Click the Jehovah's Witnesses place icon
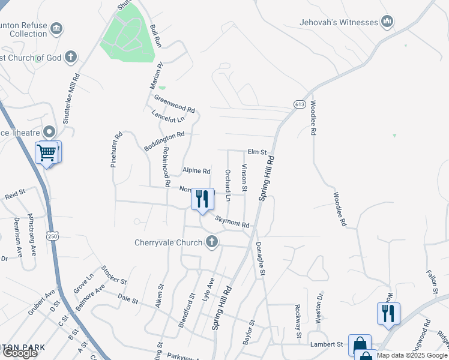pyautogui.click(x=387, y=23)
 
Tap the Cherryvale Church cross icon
pyautogui.click(x=211, y=242)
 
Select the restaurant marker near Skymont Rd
pyautogui.click(x=202, y=198)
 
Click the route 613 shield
pyautogui.click(x=300, y=104)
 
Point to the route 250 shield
pyautogui.click(x=53, y=236)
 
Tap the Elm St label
pyautogui.click(x=257, y=152)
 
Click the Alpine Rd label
pyautogui.click(x=197, y=171)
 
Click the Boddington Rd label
pyautogui.click(x=164, y=142)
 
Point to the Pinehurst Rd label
pyautogui.click(x=116, y=149)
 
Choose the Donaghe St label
pyautogui.click(x=261, y=259)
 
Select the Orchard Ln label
pyautogui.click(x=228, y=185)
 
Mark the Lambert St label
pyautogui.click(x=330, y=344)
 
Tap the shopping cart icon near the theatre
pyautogui.click(x=47, y=152)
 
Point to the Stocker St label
pyautogui.click(x=114, y=275)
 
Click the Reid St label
pyautogui.click(x=14, y=195)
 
